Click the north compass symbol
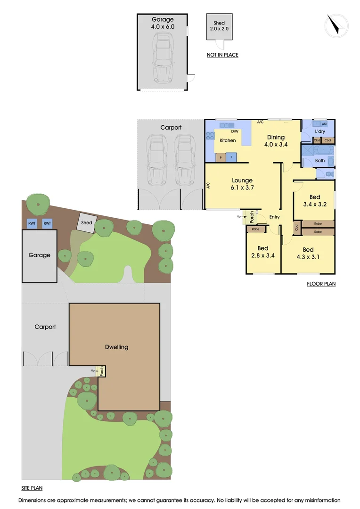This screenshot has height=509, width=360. pos(336,25)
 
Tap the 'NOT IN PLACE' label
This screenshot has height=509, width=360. pos(222,55)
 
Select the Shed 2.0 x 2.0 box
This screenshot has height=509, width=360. pos(219,26)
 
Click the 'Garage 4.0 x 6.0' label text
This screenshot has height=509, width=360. pos(163,23)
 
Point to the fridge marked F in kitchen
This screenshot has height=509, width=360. pos(231,158)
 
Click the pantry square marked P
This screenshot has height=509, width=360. pos(220,158)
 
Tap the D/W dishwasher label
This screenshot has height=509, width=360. pos(235,132)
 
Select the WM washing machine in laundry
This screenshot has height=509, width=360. pos(324,123)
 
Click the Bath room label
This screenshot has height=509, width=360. pos(320,161)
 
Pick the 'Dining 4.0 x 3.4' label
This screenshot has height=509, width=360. pos(276,141)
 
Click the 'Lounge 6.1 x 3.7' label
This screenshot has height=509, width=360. pos(242,184)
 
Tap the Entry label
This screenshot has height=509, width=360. pos(274,217)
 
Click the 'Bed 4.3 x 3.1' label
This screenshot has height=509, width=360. pos(308,253)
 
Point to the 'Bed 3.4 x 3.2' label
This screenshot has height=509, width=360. pos(315,201)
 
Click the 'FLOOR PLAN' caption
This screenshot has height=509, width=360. pos(321,284)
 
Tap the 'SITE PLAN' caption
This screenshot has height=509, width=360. pos(32,489)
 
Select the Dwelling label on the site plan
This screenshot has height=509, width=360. pos(116,347)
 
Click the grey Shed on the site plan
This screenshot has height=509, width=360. pos(87,223)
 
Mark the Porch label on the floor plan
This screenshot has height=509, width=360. pos(252,216)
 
